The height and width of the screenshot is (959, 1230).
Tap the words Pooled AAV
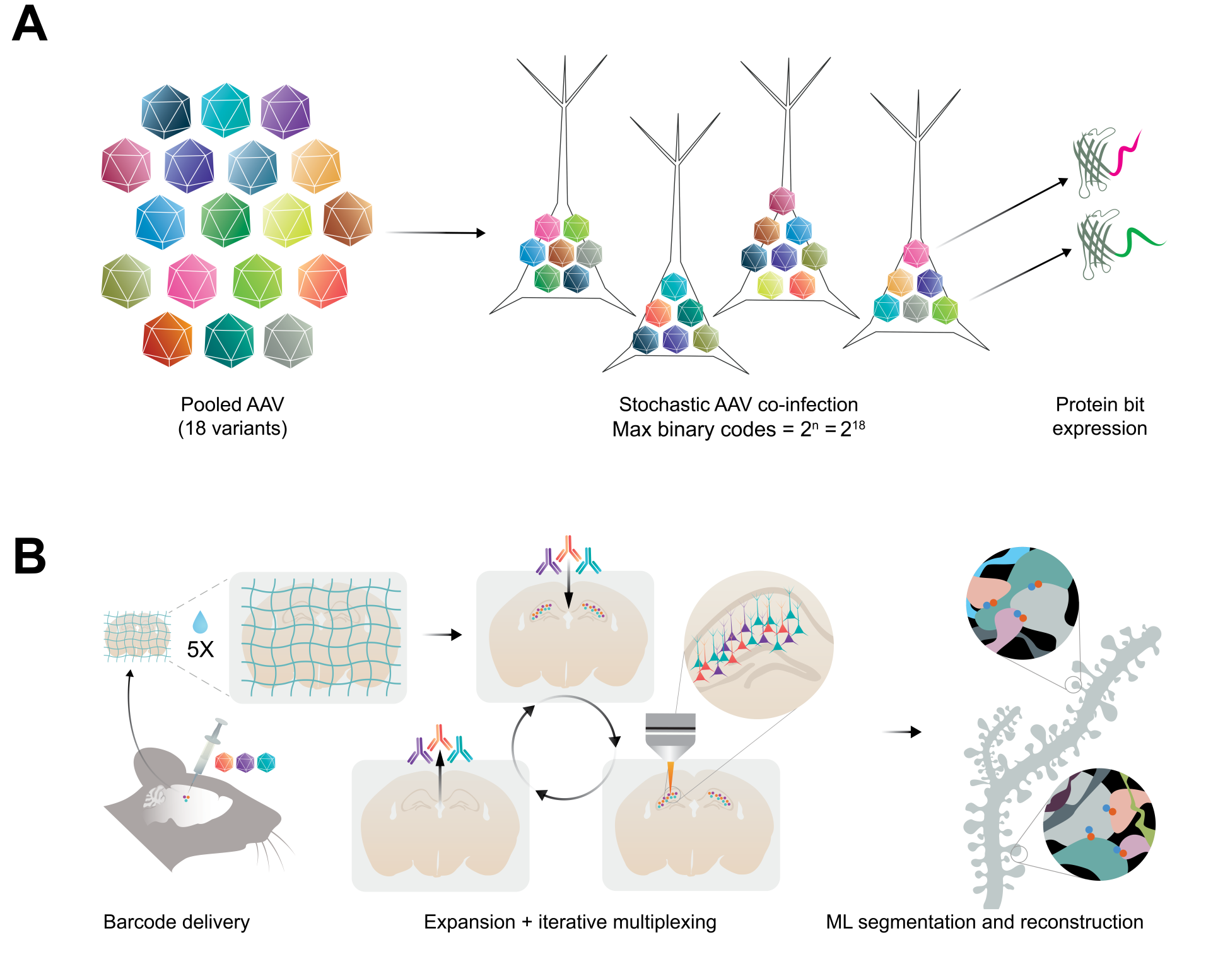pos(232,404)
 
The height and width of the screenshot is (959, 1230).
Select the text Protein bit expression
pos(1099,416)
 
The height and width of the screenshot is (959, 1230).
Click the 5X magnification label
pos(200,649)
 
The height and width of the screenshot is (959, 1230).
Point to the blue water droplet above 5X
pos(200,622)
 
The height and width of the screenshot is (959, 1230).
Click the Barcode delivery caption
pos(177,922)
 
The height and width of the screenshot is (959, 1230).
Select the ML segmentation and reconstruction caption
pos(984,922)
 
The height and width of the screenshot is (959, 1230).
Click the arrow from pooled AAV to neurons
pos(435,233)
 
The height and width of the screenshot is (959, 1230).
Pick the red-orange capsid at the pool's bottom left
pos(167,339)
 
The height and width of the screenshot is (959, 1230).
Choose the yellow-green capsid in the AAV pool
pos(287,220)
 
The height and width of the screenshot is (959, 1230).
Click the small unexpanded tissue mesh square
pos(137,636)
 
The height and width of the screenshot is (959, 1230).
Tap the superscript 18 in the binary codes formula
pos(858,425)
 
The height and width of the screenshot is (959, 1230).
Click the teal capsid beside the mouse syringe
pos(266,763)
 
